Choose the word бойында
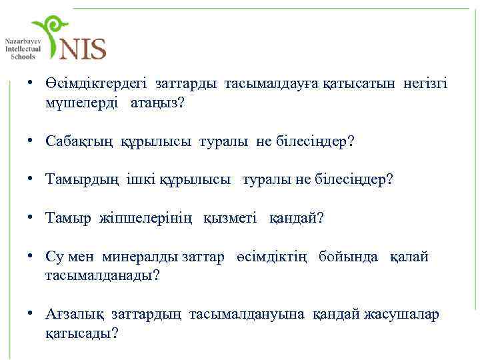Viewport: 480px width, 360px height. click(x=348, y=257)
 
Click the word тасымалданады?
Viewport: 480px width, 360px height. click(x=102, y=275)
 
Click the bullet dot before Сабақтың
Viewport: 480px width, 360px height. click(x=31, y=142)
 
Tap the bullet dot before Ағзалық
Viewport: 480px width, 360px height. click(x=31, y=314)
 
